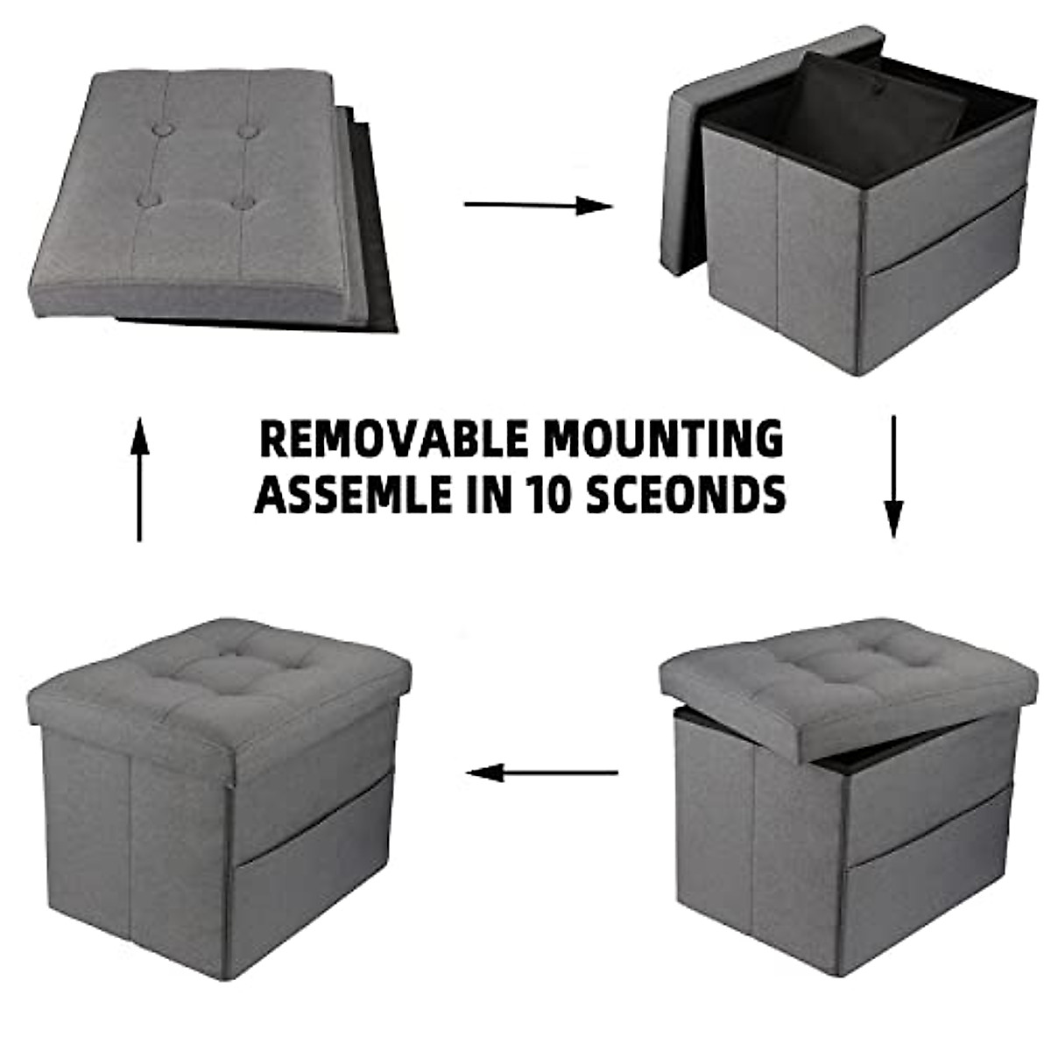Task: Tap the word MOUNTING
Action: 660,439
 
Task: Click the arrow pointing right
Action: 538,206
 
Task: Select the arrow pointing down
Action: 892,476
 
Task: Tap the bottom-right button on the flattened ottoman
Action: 245,203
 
